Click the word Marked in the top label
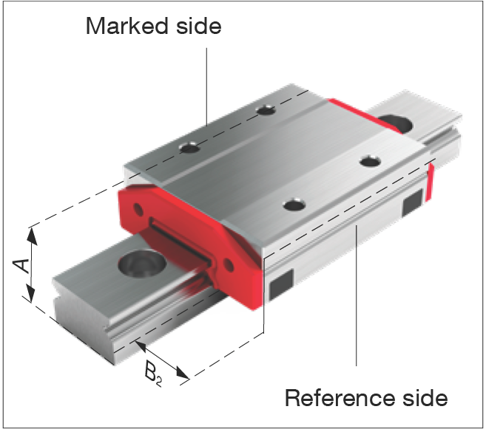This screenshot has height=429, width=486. [x=127, y=26]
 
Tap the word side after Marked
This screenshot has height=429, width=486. [x=199, y=26]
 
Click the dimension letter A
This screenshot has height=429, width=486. [x=21, y=265]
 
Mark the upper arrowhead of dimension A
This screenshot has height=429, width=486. [x=32, y=236]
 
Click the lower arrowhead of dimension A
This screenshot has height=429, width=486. [x=30, y=294]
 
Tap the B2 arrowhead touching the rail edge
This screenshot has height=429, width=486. [x=141, y=346]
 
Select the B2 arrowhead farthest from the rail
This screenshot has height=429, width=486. [x=183, y=372]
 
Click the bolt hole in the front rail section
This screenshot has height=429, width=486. [x=143, y=264]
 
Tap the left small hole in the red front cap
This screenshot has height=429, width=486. [x=138, y=210]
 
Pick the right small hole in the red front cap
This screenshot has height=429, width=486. [x=229, y=265]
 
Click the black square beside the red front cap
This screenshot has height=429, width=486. [x=281, y=285]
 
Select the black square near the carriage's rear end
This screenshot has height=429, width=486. [x=412, y=202]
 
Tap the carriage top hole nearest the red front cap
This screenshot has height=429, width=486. [x=294, y=205]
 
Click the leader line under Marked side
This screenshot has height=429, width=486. [x=206, y=87]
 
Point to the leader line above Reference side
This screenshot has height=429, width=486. [x=357, y=295]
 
